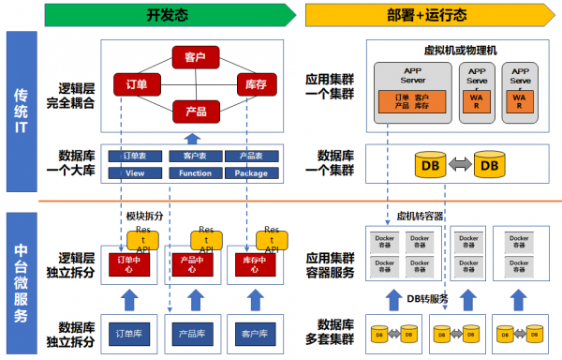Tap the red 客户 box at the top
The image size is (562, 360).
195,57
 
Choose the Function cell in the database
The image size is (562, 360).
195,172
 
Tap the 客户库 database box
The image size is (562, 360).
250,334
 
